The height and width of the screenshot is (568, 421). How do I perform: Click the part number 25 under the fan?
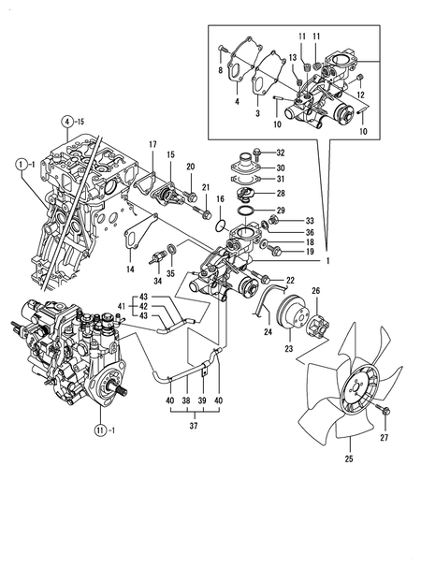pos(349,459)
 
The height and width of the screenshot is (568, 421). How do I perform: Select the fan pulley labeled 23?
pos(293,313)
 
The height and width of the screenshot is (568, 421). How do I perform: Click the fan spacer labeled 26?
pos(318,325)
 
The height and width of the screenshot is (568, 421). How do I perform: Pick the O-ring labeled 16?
pos(220,226)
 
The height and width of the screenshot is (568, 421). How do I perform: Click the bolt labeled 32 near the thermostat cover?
pos(257,154)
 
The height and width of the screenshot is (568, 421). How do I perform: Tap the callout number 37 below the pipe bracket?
pos(194,426)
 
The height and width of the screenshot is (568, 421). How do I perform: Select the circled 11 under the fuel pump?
pos(99,430)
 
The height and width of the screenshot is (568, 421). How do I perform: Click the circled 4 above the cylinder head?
pos(66,122)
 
